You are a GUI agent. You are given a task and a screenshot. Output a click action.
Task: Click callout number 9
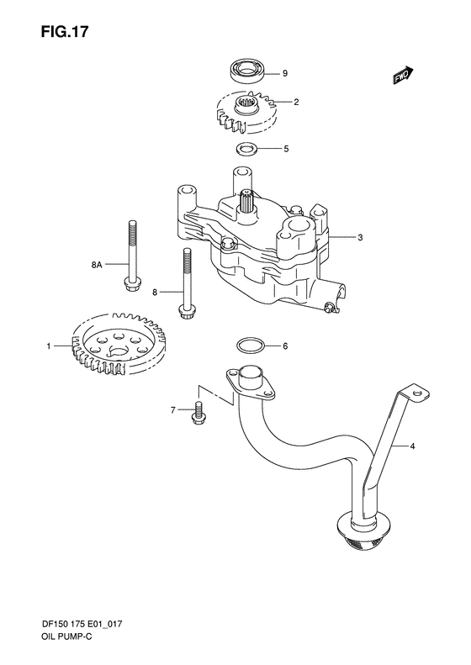(285, 73)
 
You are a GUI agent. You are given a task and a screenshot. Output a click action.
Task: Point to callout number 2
(297, 102)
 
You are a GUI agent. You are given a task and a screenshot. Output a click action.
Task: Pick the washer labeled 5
(246, 150)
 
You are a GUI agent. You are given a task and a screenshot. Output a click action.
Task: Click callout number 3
(359, 238)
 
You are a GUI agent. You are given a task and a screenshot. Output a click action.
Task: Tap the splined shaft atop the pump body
(249, 203)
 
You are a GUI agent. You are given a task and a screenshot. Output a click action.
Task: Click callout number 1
(50, 346)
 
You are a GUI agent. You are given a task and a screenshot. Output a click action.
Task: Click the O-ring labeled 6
(249, 345)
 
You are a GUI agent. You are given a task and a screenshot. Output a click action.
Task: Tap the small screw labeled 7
(199, 410)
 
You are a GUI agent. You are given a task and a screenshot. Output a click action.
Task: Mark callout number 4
(413, 446)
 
